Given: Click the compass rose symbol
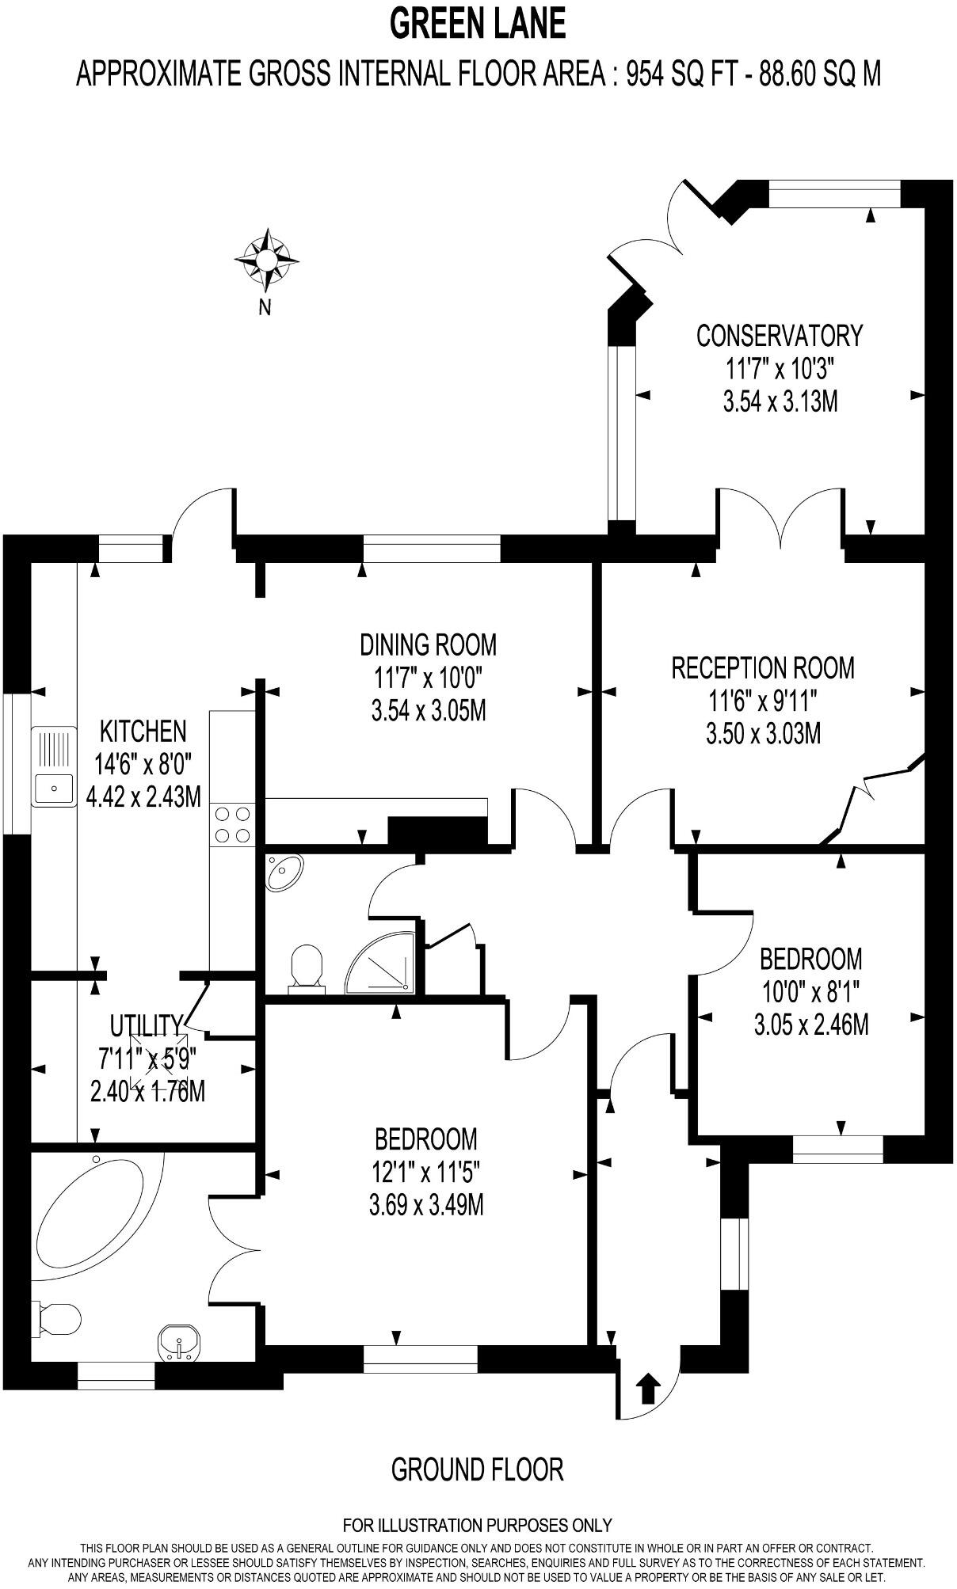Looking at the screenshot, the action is [x=266, y=258].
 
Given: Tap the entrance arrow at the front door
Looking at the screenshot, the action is [x=648, y=1388].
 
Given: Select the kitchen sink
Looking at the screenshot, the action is [x=53, y=766].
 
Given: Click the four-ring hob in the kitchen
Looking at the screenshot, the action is [x=232, y=823].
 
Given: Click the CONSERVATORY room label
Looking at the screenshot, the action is [x=779, y=336].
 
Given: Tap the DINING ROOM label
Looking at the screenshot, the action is [x=428, y=644].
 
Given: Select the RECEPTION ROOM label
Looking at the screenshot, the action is [x=763, y=667].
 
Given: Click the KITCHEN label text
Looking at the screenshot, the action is [x=143, y=731].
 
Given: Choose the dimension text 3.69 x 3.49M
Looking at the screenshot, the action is [x=426, y=1205].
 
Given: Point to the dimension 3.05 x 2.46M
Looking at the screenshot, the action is [x=811, y=1024].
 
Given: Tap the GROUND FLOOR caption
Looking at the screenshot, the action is [x=478, y=1469].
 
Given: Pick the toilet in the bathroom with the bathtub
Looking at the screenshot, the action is [x=59, y=1320].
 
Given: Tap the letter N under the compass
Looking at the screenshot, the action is [x=265, y=308].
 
